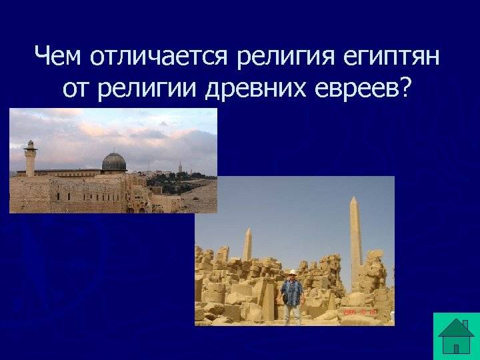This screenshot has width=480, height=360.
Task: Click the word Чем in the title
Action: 57,56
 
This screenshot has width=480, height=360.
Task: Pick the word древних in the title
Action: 255,90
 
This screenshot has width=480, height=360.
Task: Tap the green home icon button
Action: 457,336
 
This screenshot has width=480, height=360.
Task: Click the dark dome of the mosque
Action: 114,161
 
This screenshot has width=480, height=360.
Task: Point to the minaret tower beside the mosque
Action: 30,158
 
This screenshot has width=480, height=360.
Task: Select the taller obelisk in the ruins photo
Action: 355,242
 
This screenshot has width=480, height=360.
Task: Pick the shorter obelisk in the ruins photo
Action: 247,244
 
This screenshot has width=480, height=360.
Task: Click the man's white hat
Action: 293,272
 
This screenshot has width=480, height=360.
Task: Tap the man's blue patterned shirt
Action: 292,293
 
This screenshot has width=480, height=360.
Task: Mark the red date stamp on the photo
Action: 359,312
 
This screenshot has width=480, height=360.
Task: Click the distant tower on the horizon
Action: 180,167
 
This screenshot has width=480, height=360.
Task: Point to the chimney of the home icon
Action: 465,324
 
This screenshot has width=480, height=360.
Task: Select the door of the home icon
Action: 456,349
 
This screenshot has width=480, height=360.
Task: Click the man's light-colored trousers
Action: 292,314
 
